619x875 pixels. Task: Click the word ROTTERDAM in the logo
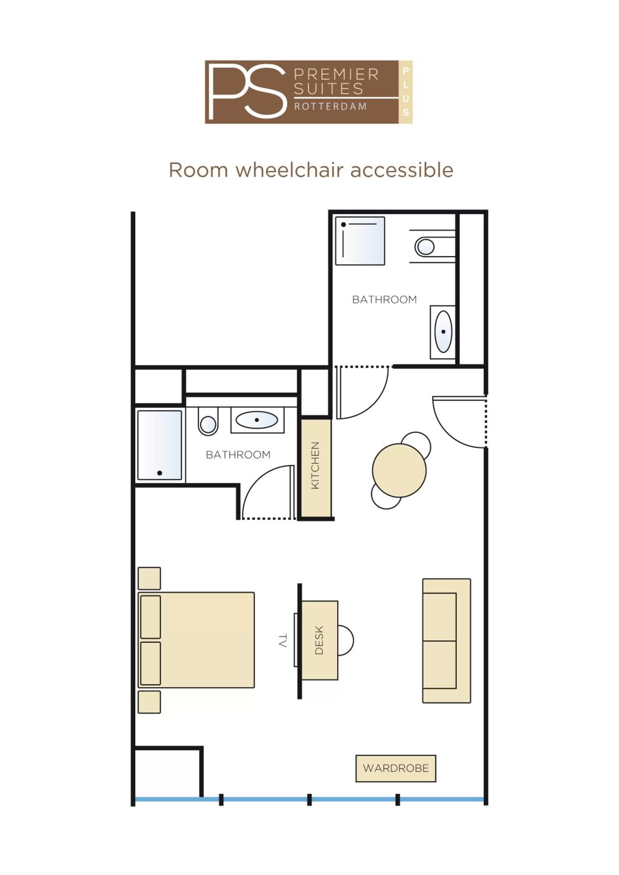click(330, 106)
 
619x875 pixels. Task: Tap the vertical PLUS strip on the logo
click(405, 92)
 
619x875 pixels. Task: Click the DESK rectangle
click(319, 640)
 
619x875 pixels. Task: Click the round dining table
click(399, 470)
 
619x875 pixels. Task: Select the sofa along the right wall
click(446, 640)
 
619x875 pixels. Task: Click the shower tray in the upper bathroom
click(360, 241)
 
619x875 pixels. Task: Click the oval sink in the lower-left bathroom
click(256, 420)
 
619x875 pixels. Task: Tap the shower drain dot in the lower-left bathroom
click(160, 473)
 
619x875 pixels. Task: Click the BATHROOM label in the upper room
click(384, 300)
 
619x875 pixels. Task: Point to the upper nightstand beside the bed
click(149, 578)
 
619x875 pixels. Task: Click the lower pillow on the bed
click(151, 664)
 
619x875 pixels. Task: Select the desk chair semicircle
click(345, 640)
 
